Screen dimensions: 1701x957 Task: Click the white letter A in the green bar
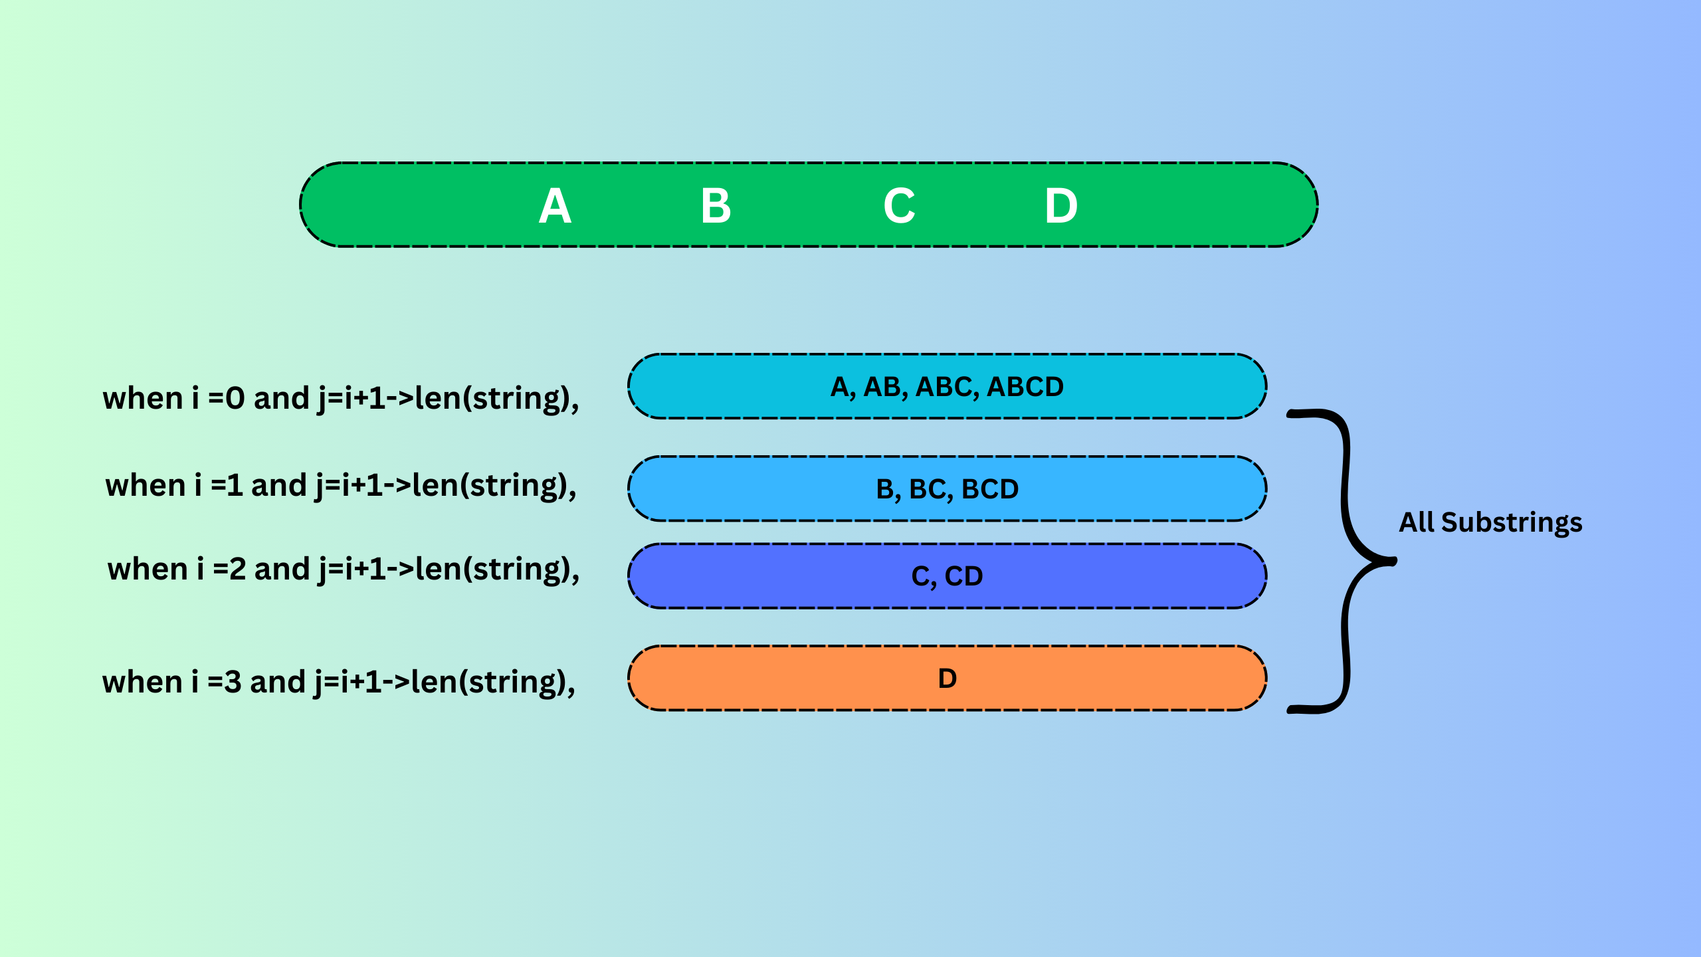[x=555, y=206]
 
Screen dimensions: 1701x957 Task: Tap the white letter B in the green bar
[x=716, y=206]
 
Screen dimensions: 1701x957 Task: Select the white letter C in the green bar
[x=899, y=206]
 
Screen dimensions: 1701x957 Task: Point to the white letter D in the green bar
[x=1061, y=206]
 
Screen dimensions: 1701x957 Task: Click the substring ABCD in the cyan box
[x=1025, y=387]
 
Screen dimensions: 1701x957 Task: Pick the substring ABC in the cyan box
[x=944, y=387]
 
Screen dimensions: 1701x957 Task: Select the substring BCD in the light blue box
[x=990, y=489]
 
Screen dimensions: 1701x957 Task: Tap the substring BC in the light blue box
[x=927, y=489]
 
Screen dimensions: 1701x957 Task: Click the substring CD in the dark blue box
[x=963, y=576]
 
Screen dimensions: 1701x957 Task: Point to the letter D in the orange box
[x=948, y=679]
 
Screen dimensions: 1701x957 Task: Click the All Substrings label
[x=1490, y=522]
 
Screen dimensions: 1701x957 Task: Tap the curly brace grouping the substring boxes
[x=1349, y=562]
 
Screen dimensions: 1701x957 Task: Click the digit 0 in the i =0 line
[x=235, y=399]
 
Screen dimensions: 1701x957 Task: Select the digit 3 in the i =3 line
[x=233, y=683]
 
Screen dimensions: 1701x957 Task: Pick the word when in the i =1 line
[x=145, y=485]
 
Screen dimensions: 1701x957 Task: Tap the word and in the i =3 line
[x=277, y=683]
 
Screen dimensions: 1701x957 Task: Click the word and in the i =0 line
[x=281, y=399]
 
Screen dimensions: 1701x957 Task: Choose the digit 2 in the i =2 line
[x=237, y=570]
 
